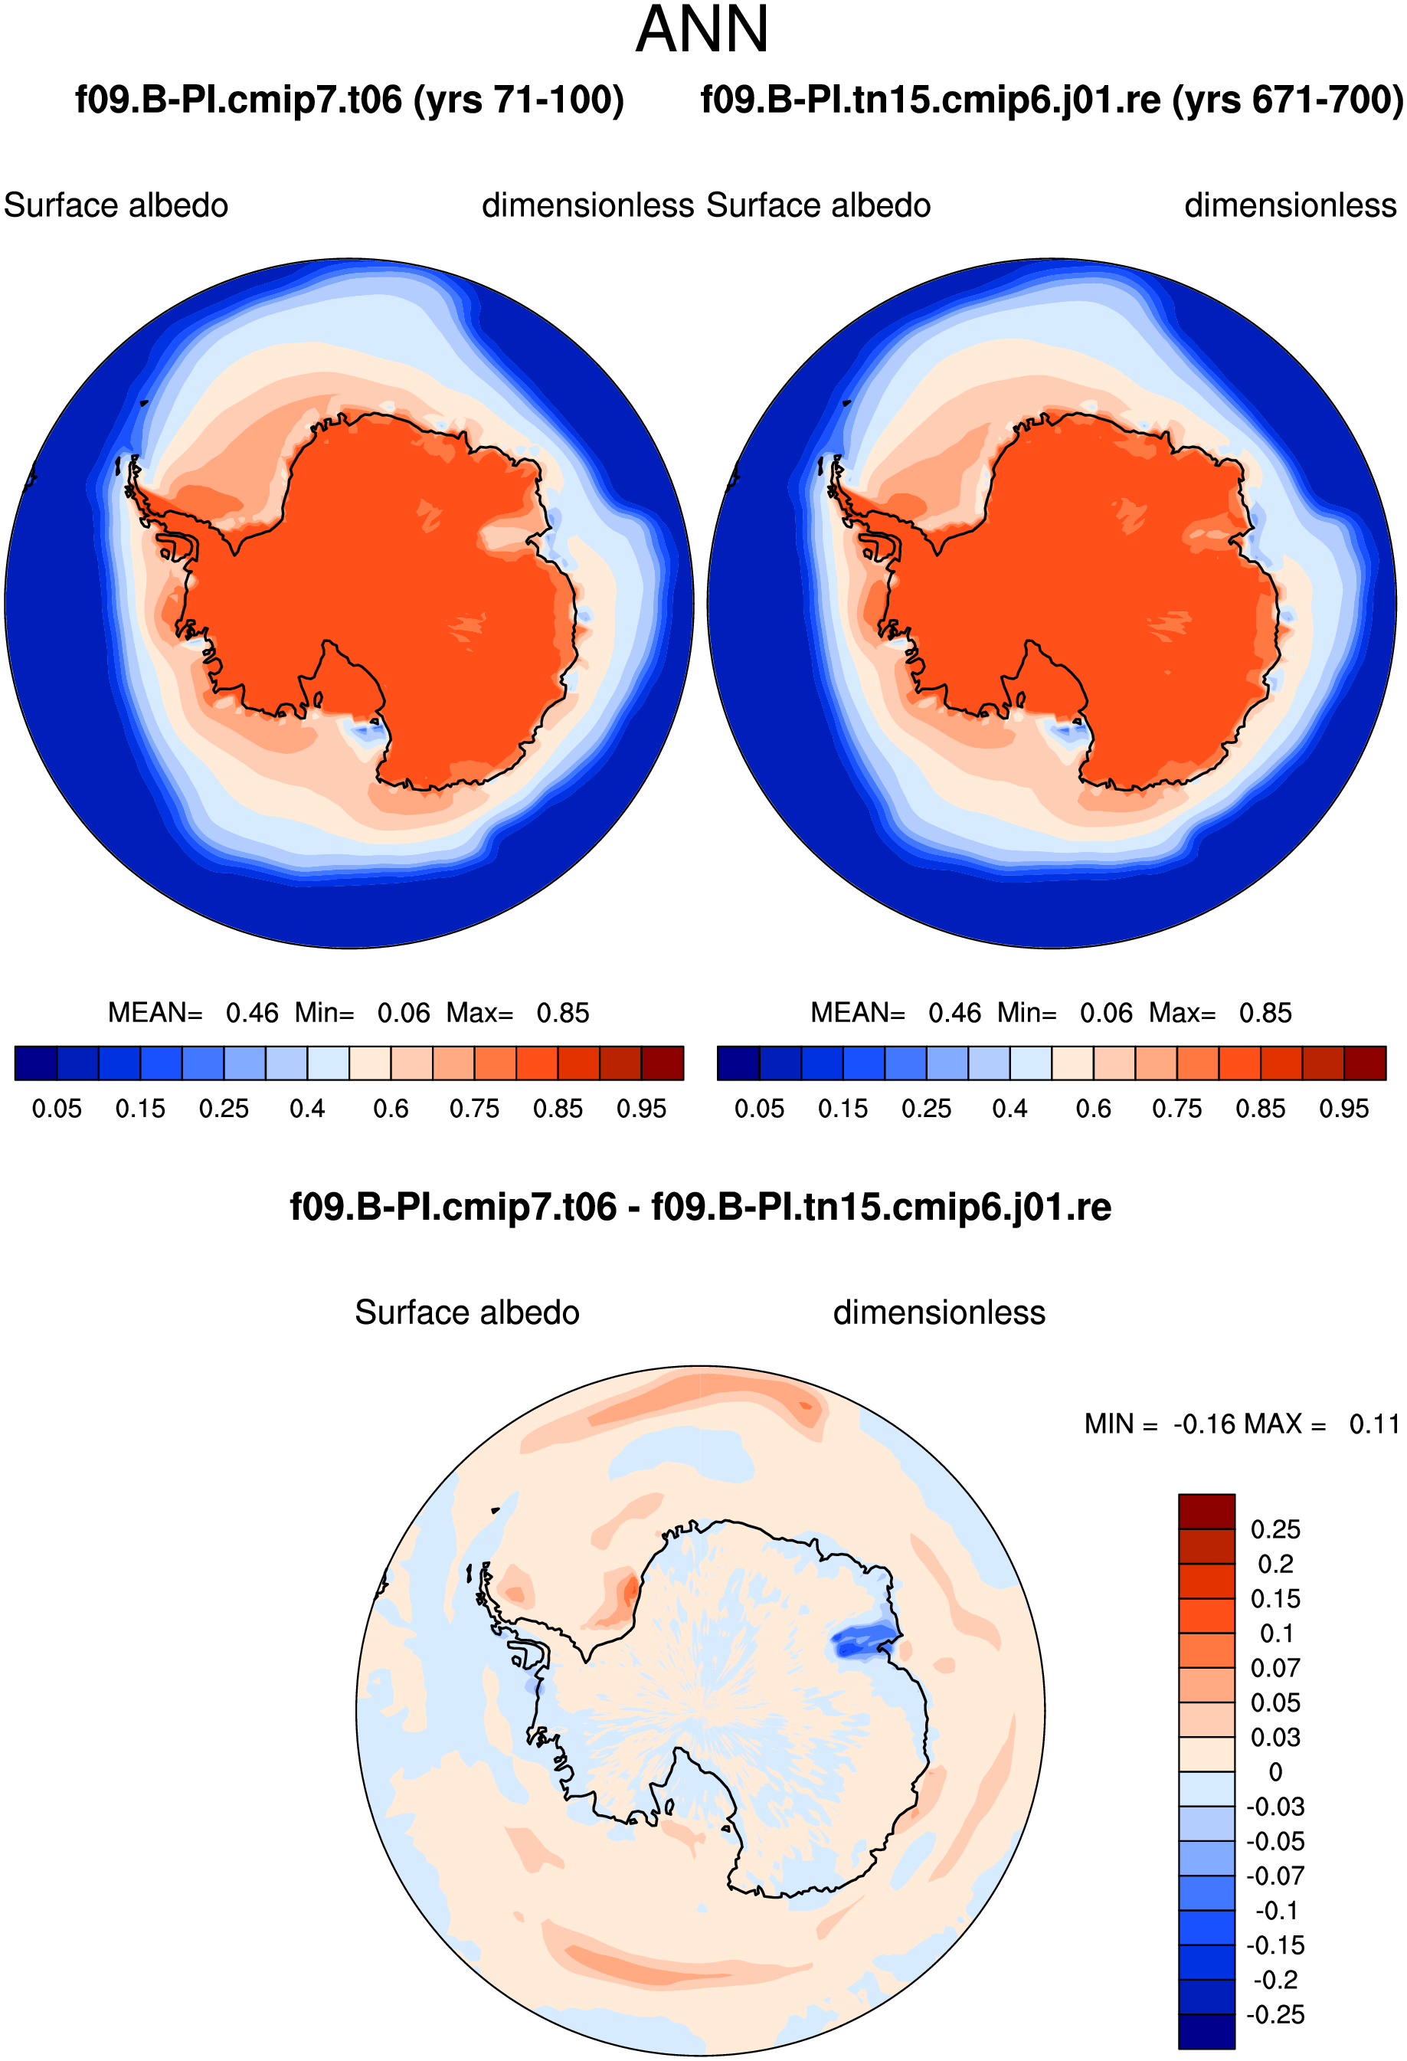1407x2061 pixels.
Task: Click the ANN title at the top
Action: [702, 30]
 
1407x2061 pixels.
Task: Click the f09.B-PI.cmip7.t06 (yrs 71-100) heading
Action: [349, 100]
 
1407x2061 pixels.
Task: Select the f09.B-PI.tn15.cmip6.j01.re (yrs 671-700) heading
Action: [1052, 100]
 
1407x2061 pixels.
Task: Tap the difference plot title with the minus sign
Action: [700, 1207]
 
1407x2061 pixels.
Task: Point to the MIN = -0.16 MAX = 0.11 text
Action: [1242, 1424]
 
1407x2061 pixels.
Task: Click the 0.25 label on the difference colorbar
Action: [1275, 1530]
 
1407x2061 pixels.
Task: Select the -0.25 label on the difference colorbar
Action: [1275, 2015]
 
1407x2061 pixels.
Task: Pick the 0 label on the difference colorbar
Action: [1276, 1772]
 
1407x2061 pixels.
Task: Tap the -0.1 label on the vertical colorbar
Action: [1277, 1911]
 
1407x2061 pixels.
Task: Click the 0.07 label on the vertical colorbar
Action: [1275, 1668]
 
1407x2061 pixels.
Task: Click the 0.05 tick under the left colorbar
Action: [57, 1109]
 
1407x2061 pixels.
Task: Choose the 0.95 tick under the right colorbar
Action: [1344, 1109]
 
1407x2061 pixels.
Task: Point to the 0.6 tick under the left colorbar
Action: [391, 1109]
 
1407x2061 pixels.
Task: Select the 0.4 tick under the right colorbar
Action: [1009, 1109]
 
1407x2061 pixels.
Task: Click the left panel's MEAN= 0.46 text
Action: [192, 1013]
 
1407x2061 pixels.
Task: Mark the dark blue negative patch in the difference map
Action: [862, 1640]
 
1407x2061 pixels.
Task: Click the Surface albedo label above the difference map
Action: [467, 1313]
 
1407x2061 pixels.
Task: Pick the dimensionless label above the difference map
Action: [939, 1313]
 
